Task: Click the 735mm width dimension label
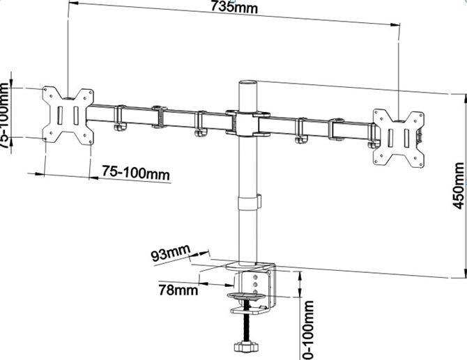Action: coord(233,8)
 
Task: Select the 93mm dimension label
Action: coord(170,253)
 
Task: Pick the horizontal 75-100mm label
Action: coord(136,172)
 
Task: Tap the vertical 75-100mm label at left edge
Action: coord(6,115)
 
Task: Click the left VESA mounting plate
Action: coord(68,115)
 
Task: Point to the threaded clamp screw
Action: coord(247,324)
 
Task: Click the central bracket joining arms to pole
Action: coord(247,123)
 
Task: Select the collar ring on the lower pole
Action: coord(248,203)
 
